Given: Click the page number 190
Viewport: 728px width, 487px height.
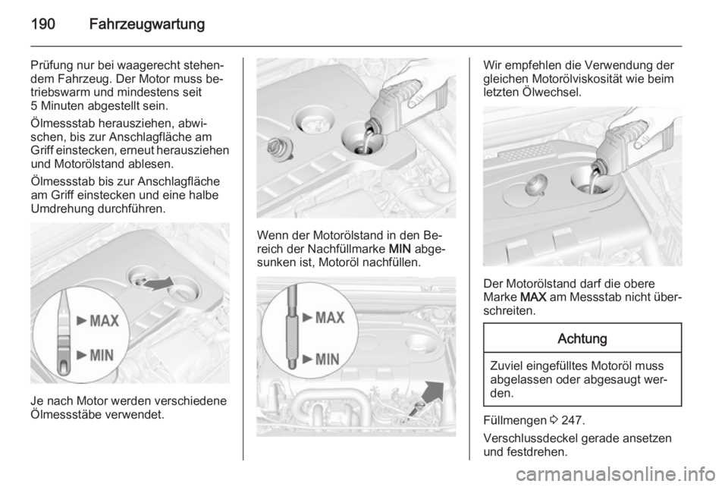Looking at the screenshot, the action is click(x=43, y=24).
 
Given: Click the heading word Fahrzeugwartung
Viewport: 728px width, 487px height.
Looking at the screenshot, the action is click(x=146, y=24).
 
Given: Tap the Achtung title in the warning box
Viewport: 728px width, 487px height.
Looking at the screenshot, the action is click(x=582, y=338).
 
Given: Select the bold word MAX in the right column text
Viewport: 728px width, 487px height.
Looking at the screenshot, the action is click(x=533, y=297).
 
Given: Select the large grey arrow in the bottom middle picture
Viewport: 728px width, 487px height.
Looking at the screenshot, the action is click(x=428, y=397).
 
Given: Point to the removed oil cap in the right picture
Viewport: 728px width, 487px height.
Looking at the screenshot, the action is click(x=536, y=185).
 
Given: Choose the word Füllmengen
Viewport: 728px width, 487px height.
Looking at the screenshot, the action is click(x=515, y=420).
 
